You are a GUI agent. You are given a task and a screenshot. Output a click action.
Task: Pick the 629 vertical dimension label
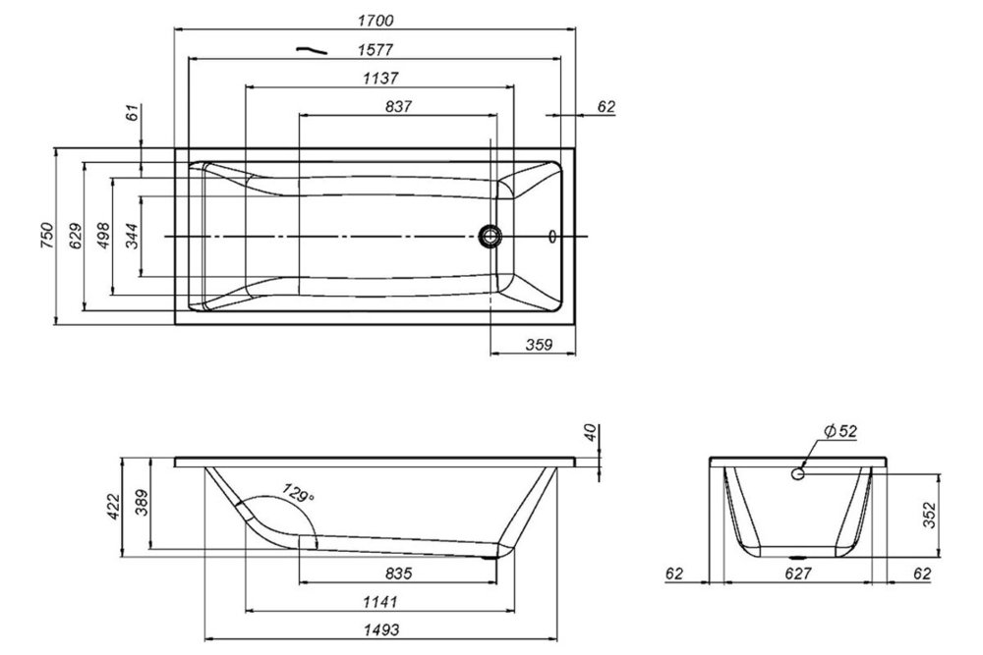tap(74, 237)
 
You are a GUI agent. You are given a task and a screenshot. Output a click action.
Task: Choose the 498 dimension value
tap(102, 237)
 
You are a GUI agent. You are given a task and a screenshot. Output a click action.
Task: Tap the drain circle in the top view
tap(490, 236)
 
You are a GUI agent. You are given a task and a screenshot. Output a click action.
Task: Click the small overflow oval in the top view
tap(551, 236)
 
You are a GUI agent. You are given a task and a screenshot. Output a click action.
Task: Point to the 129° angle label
tap(298, 494)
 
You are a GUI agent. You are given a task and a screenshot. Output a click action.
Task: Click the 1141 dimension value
tap(376, 602)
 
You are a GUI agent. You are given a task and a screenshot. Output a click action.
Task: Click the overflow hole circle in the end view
tap(798, 474)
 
